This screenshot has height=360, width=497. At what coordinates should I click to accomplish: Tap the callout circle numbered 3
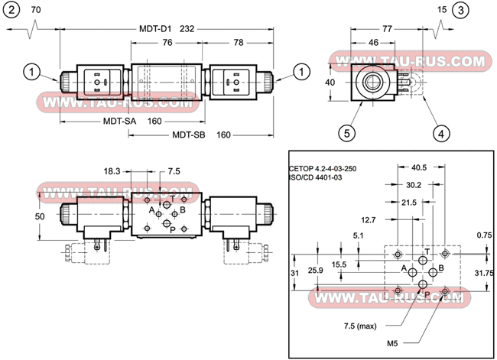(x=460, y=10)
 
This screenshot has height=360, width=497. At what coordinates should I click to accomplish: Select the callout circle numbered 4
(x=440, y=132)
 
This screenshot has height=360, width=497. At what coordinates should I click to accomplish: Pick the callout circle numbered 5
(x=347, y=132)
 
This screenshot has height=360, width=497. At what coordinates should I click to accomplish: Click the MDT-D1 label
(x=154, y=29)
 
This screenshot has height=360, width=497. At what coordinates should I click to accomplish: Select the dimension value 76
(x=166, y=43)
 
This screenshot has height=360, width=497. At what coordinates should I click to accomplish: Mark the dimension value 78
(x=239, y=43)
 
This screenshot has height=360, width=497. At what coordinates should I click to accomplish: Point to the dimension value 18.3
(x=113, y=171)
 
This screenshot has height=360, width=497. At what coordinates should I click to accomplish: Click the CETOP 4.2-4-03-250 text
(x=322, y=168)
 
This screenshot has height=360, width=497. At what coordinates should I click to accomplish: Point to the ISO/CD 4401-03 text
(x=316, y=177)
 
